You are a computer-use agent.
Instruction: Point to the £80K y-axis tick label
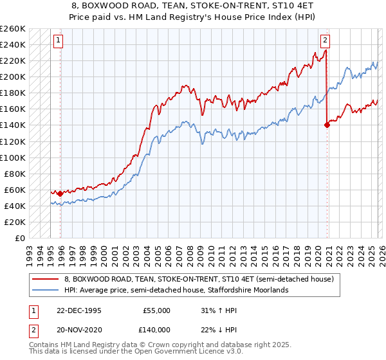15,174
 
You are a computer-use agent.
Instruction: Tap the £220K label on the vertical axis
13,61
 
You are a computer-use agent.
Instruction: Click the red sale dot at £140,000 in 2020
327,125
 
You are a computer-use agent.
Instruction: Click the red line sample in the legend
46,280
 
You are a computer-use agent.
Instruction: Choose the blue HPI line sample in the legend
46,291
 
